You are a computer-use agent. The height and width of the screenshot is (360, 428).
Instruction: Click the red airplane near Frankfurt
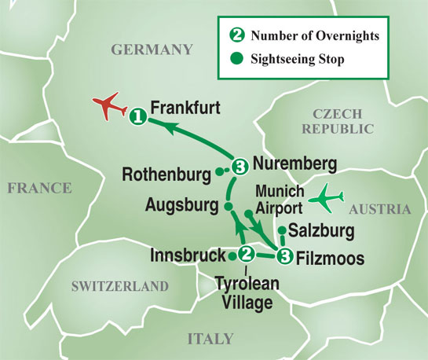click(109, 107)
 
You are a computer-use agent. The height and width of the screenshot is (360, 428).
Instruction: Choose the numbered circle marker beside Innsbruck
click(246, 254)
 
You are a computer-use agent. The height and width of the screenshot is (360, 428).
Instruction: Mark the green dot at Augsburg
click(229, 207)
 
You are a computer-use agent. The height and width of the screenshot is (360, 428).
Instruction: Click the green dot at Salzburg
click(282, 230)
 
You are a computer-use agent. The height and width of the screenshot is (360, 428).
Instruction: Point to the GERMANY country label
click(152, 50)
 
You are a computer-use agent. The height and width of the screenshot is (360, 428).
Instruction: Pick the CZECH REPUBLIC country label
click(343, 121)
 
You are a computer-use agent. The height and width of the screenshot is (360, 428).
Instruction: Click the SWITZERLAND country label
click(119, 285)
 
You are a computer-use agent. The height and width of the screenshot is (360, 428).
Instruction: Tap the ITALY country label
click(210, 339)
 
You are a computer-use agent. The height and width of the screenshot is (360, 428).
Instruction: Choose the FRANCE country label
click(39, 188)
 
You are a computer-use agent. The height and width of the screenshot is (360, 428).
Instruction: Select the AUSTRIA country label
click(379, 209)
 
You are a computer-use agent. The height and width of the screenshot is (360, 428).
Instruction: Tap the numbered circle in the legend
click(233, 35)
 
